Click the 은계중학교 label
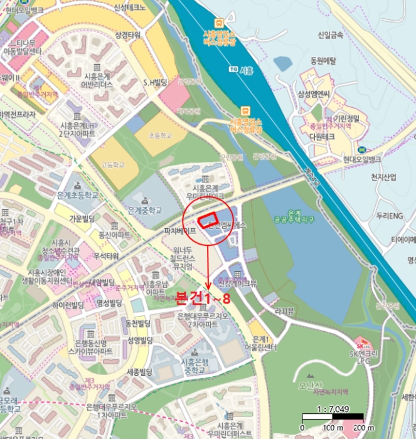[144, 210]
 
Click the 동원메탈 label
[324, 61]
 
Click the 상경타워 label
[127, 35]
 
